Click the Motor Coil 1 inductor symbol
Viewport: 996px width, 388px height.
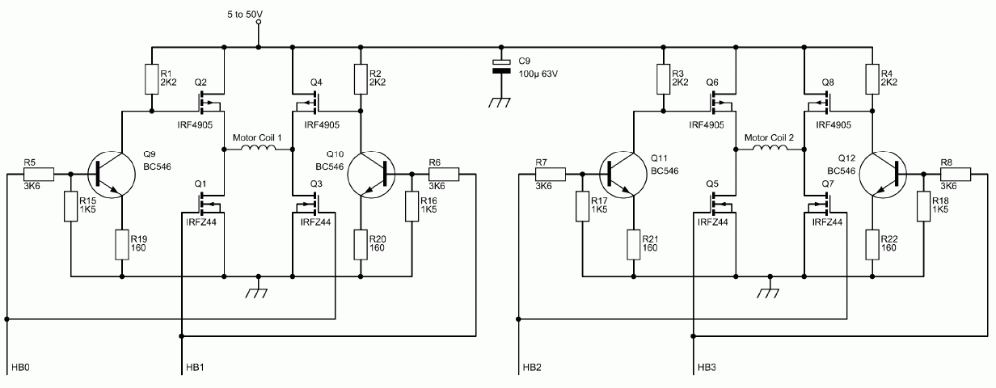259,148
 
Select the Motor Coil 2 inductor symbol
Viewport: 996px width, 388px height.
770,148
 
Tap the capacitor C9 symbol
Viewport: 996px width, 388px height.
501,65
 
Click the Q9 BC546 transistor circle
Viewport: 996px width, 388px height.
112,175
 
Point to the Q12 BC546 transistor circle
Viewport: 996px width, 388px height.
883,175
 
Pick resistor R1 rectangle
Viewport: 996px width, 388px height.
152,79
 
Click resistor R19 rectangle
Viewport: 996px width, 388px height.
122,245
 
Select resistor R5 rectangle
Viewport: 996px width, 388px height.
39,175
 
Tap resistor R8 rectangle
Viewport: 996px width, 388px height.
956,175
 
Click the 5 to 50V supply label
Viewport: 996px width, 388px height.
244,15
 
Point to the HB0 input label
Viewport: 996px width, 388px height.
20,368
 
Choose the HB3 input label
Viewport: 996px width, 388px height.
707,368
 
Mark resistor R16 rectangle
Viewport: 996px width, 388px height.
411,206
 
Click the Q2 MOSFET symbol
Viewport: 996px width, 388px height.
209,102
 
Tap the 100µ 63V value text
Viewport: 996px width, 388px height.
538,74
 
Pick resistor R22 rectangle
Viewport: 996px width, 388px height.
872,245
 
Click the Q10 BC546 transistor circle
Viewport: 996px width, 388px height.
371,175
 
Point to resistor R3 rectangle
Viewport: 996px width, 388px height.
664,79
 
